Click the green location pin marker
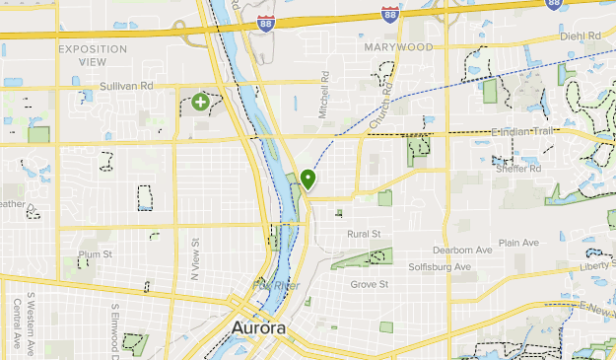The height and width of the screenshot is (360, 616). pyautogui.click(x=308, y=180)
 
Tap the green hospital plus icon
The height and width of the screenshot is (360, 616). pyautogui.click(x=201, y=102)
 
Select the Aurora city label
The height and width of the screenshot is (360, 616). pyautogui.click(x=261, y=327)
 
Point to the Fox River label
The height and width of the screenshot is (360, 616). pyautogui.click(x=275, y=285)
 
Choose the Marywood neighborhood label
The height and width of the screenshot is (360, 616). pyautogui.click(x=397, y=46)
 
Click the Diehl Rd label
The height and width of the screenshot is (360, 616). pyautogui.click(x=580, y=36)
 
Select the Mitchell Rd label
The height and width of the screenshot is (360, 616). pyautogui.click(x=323, y=97)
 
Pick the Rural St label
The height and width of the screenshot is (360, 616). pyautogui.click(x=364, y=234)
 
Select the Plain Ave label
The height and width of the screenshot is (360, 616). pyautogui.click(x=518, y=243)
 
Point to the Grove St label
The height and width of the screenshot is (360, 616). pyautogui.click(x=370, y=284)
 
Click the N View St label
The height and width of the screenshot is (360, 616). pyautogui.click(x=195, y=256)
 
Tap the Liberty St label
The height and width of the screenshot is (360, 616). pyautogui.click(x=594, y=265)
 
